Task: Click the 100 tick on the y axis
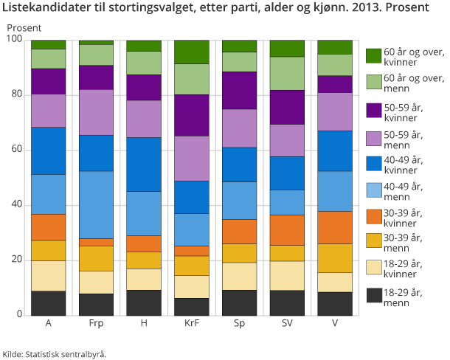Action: pos(15,40)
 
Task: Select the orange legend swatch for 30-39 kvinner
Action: pos(373,218)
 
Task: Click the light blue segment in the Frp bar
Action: pos(96,204)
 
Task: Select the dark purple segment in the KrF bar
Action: pos(191,115)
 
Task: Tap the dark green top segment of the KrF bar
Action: pos(191,52)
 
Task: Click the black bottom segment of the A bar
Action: pos(49,302)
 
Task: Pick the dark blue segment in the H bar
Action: pos(143,164)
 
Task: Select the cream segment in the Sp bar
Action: pos(238,276)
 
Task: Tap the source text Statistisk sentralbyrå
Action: pos(66,353)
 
